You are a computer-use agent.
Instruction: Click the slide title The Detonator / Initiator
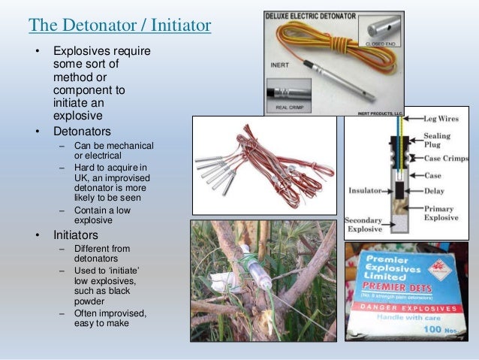[119, 26]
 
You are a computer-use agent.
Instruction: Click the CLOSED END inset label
[383, 44]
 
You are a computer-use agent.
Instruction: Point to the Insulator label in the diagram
[366, 191]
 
